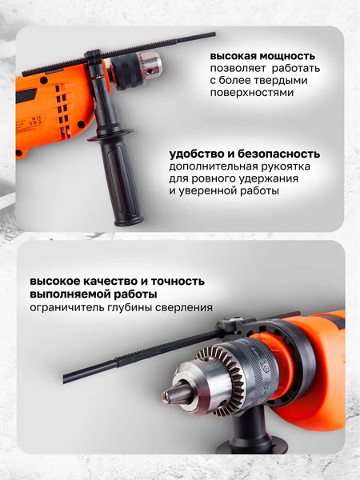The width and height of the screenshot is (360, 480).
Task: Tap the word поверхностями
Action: tap(252, 93)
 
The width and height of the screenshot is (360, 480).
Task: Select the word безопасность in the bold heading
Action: tap(279, 154)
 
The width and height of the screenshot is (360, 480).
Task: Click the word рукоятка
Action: tap(286, 167)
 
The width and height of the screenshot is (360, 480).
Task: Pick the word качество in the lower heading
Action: tap(110, 282)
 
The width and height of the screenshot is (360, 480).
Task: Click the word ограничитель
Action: tap(66, 307)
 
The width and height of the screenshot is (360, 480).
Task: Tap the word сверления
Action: tap(184, 307)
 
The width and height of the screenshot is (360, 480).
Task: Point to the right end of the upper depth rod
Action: tap(214, 34)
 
